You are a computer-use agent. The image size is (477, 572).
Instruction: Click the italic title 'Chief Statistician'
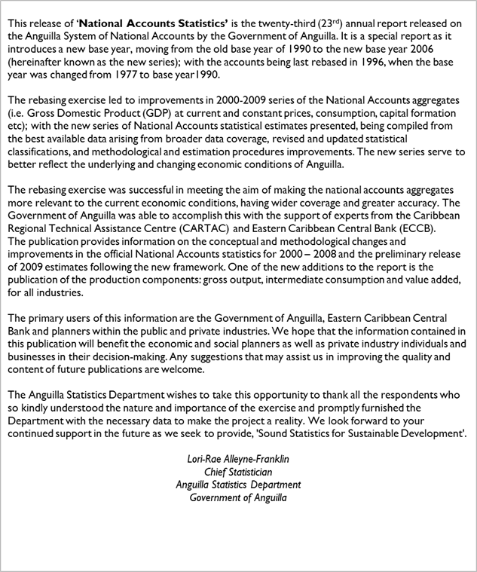tap(238, 472)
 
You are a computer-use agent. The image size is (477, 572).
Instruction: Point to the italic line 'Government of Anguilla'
tap(238, 497)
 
